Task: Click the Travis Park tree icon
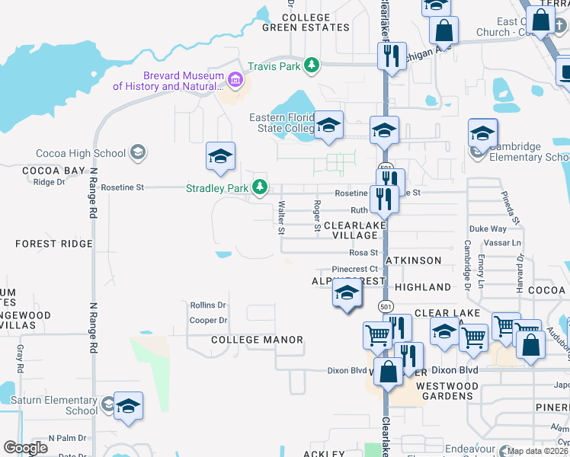[311, 66]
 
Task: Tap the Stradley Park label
[217, 187]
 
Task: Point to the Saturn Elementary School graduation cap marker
[128, 407]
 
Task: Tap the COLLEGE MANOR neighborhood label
[257, 340]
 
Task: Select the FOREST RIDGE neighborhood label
[54, 244]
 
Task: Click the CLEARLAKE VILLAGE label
[351, 231]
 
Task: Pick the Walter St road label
[282, 217]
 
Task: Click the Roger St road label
[316, 216]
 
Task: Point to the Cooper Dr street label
[209, 321]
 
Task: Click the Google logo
[26, 448]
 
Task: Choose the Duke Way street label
[488, 228]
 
